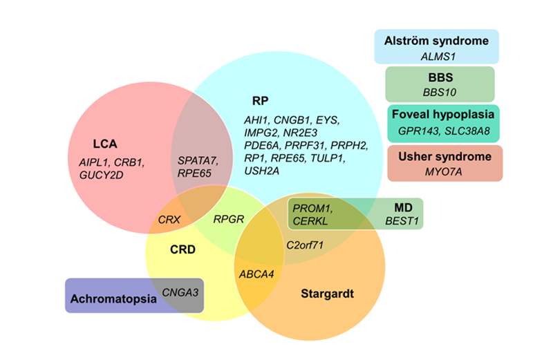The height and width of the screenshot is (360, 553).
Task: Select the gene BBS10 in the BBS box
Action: click(x=440, y=91)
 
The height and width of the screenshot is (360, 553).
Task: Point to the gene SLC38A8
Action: click(x=471, y=131)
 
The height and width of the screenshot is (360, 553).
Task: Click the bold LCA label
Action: click(x=105, y=144)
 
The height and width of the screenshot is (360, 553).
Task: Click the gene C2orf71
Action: click(x=305, y=245)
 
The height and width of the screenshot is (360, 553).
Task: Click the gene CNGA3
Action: click(x=180, y=293)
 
